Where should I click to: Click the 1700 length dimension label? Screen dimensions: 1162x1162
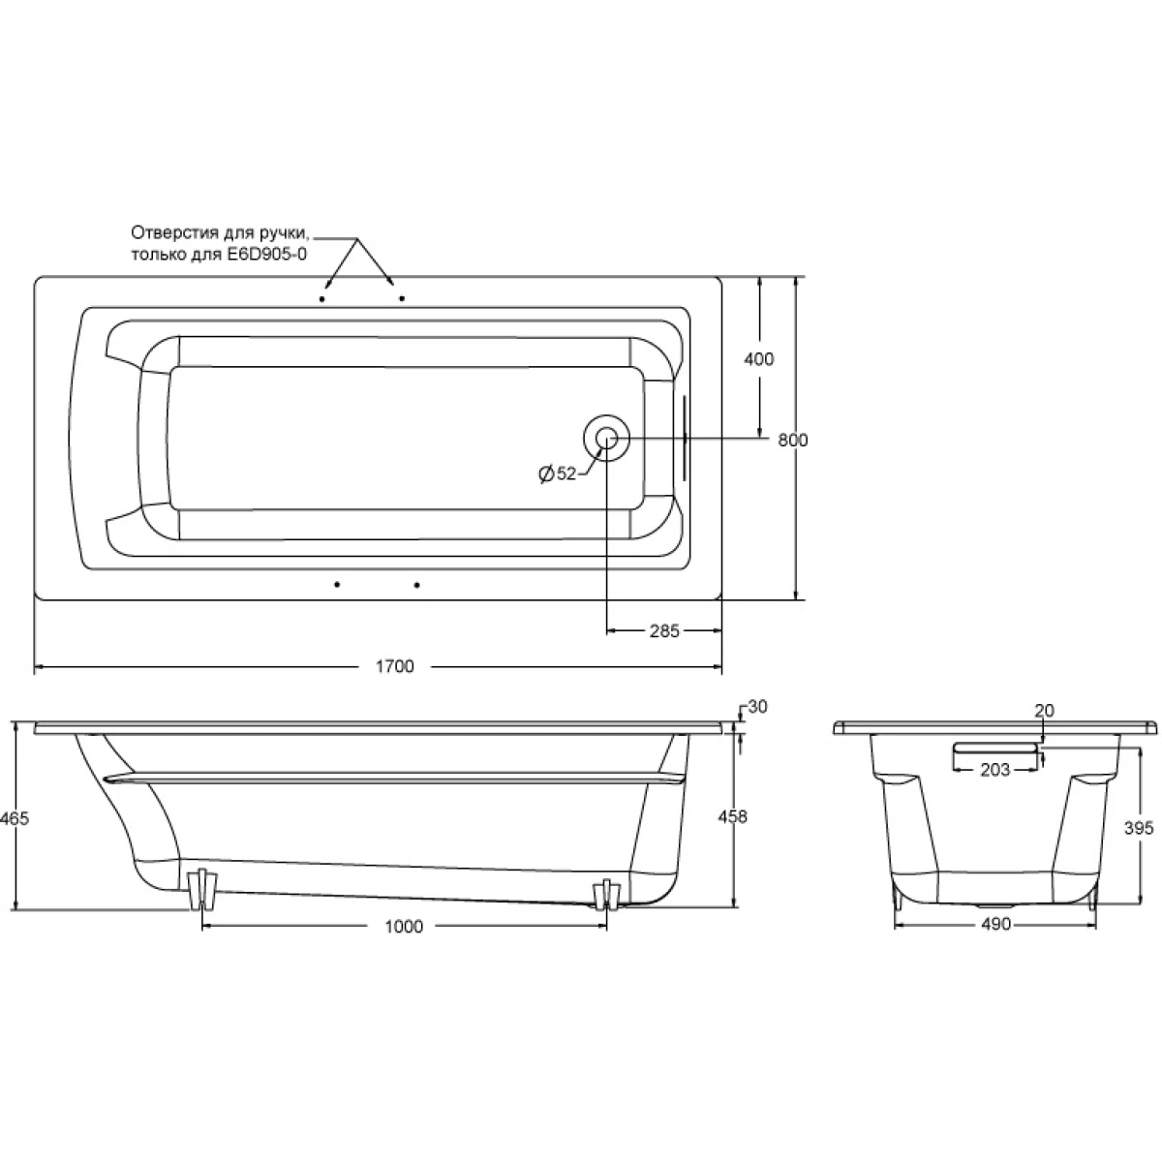click(x=394, y=666)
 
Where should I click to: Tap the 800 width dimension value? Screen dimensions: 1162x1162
click(x=792, y=441)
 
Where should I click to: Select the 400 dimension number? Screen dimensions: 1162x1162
click(x=758, y=359)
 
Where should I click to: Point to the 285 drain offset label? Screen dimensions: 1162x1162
click(x=664, y=630)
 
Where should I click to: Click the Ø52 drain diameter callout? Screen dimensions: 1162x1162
click(x=558, y=474)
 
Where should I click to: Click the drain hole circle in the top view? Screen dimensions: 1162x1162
click(x=606, y=438)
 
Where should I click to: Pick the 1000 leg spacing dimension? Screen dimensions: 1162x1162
click(x=404, y=927)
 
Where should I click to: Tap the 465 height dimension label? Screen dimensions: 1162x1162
click(x=14, y=818)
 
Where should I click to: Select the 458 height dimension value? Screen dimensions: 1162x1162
click(x=732, y=816)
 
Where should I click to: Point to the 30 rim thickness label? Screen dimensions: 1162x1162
click(x=757, y=707)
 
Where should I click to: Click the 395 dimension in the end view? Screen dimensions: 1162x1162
click(x=1139, y=828)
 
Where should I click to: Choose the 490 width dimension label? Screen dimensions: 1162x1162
click(x=995, y=924)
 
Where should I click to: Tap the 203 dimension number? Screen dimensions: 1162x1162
click(x=994, y=770)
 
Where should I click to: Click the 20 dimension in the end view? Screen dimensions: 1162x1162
click(x=1045, y=711)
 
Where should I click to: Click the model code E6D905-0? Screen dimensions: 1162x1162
click(x=266, y=255)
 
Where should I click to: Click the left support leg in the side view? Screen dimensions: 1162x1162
click(x=201, y=890)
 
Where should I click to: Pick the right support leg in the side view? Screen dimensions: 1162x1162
click(x=606, y=895)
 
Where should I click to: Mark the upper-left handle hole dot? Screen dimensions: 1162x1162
click(x=322, y=299)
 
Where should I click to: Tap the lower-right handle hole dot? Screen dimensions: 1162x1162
click(x=416, y=585)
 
